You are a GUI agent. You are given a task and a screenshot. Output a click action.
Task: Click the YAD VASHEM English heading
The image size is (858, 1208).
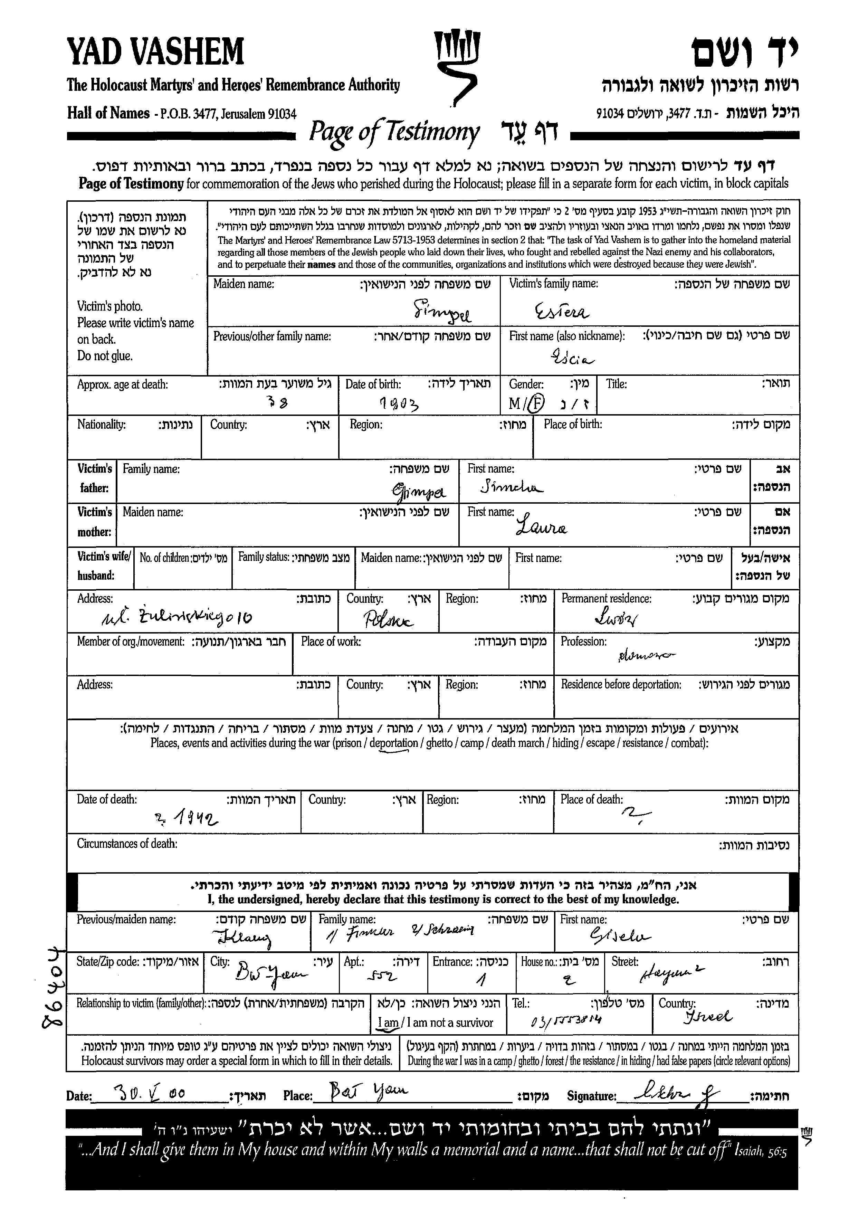pos(156,52)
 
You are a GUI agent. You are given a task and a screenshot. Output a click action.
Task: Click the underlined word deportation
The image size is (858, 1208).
pos(394,743)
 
